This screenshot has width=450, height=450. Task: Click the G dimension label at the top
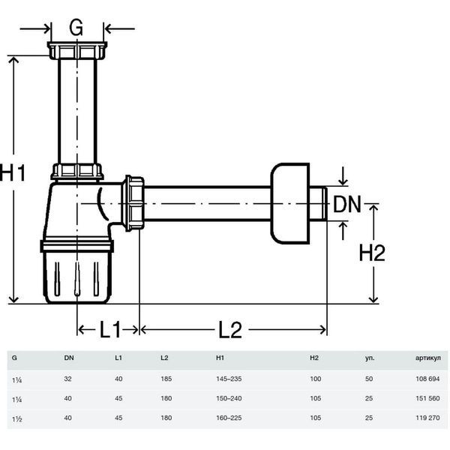(x=76, y=28)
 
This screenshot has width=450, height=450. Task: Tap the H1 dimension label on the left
(x=13, y=173)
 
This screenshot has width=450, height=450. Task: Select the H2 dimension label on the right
(x=372, y=253)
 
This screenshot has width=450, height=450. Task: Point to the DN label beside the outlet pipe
(x=346, y=204)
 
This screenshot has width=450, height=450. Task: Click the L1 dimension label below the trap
(x=110, y=329)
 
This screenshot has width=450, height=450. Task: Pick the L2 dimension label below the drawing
(x=230, y=329)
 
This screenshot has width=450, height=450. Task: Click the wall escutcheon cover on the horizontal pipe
(x=289, y=203)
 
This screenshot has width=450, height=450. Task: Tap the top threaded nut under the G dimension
(x=77, y=50)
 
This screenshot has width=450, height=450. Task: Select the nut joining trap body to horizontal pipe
(x=133, y=203)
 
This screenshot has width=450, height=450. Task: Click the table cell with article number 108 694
(x=427, y=379)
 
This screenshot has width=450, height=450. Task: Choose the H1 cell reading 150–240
(x=229, y=398)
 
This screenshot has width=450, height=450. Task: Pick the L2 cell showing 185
(x=166, y=379)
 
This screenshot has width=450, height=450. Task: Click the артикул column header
(x=428, y=358)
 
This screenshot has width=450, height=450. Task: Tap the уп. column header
(x=370, y=358)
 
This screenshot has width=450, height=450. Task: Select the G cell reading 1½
(x=17, y=418)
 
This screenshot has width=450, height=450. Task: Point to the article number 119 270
(x=427, y=418)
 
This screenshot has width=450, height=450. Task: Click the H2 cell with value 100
(x=316, y=379)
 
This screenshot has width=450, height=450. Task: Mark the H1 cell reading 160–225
(x=229, y=418)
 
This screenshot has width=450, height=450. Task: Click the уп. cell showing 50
(x=369, y=379)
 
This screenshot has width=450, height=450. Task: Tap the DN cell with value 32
(x=67, y=379)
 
